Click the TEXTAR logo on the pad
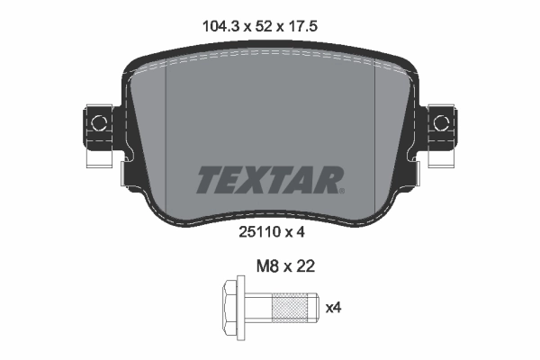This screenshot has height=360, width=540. click(x=268, y=179)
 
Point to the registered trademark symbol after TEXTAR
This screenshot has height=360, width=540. click(x=340, y=189)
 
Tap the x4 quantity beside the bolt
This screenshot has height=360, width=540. click(x=333, y=309)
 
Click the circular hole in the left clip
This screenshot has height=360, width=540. click(x=97, y=121)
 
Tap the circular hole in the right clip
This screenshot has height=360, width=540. click(x=441, y=121)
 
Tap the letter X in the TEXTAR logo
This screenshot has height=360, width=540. click(x=257, y=179)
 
